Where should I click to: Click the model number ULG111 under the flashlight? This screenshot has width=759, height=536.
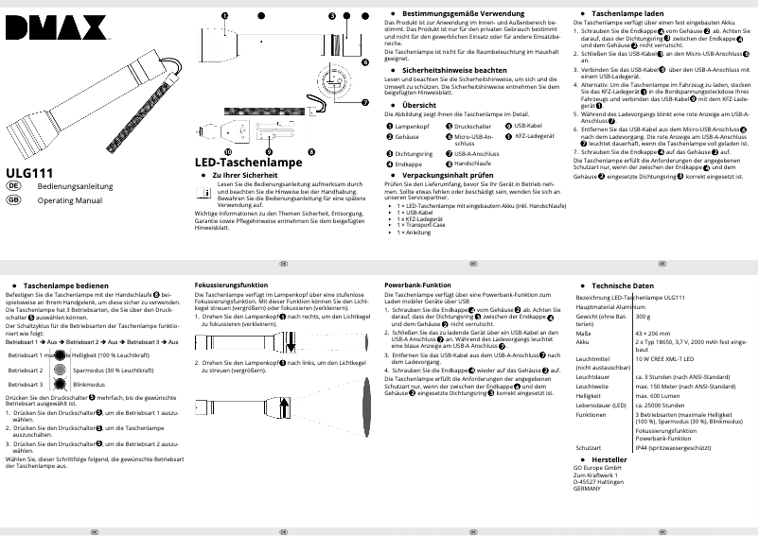(x=27, y=173)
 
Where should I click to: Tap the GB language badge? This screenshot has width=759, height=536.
(x=13, y=200)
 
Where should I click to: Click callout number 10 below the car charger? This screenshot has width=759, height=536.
(x=227, y=151)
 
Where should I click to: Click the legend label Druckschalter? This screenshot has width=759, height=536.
(x=476, y=127)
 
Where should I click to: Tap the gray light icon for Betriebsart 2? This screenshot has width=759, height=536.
(x=61, y=370)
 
